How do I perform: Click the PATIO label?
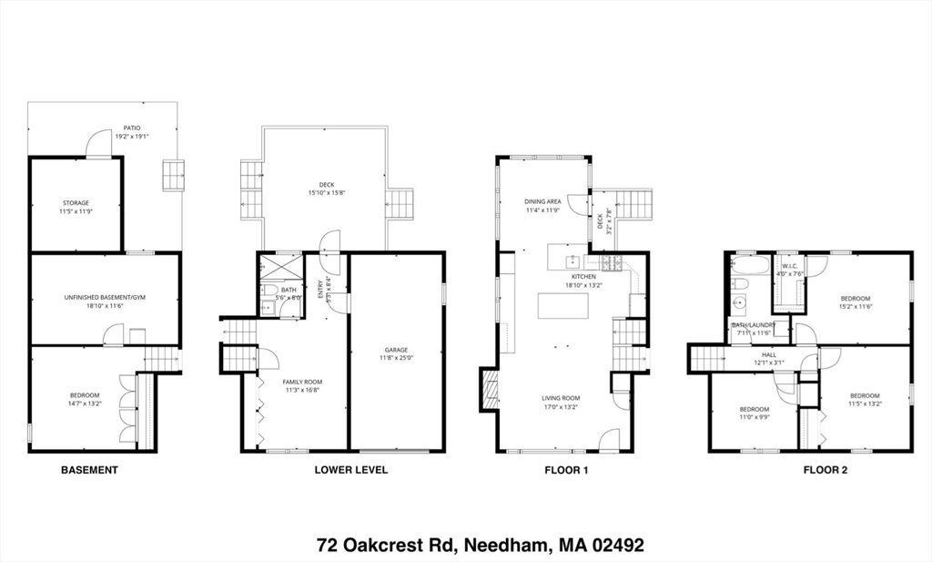(x=132, y=128)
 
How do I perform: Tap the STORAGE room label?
(x=76, y=202)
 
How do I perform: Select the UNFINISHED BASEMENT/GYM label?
(x=105, y=298)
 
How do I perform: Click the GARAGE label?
(x=396, y=349)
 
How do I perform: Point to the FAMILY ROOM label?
(x=303, y=382)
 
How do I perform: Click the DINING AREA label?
(x=542, y=201)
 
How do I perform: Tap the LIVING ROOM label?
(x=560, y=398)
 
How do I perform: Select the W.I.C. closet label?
(x=788, y=267)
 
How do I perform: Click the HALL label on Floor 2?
(x=769, y=355)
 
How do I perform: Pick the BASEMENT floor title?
(x=89, y=470)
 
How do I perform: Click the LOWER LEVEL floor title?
(x=351, y=470)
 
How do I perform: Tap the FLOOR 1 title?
(x=567, y=470)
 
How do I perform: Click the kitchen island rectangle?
(x=562, y=305)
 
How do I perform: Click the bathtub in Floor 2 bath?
(x=750, y=267)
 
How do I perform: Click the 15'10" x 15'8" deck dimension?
(x=325, y=192)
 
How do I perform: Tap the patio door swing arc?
(x=97, y=144)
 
